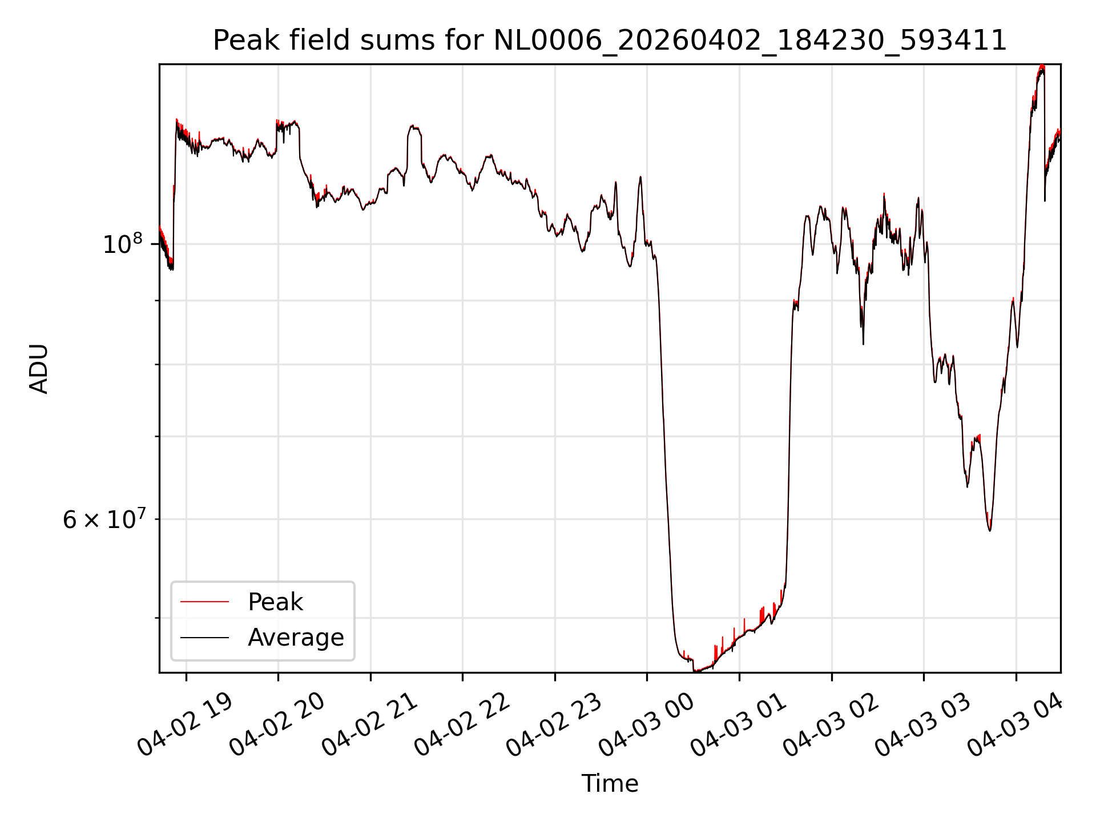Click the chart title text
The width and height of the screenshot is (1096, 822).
coord(610,41)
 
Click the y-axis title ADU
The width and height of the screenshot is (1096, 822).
coord(39,369)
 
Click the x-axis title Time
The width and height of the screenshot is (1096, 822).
coord(610,784)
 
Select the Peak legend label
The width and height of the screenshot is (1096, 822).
coord(275,602)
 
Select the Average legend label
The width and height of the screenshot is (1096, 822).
coord(296,638)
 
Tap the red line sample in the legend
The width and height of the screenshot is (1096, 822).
coord(204,602)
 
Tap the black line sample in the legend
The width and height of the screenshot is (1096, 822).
coord(204,637)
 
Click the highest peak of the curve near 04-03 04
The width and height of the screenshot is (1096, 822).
coord(1042,66)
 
